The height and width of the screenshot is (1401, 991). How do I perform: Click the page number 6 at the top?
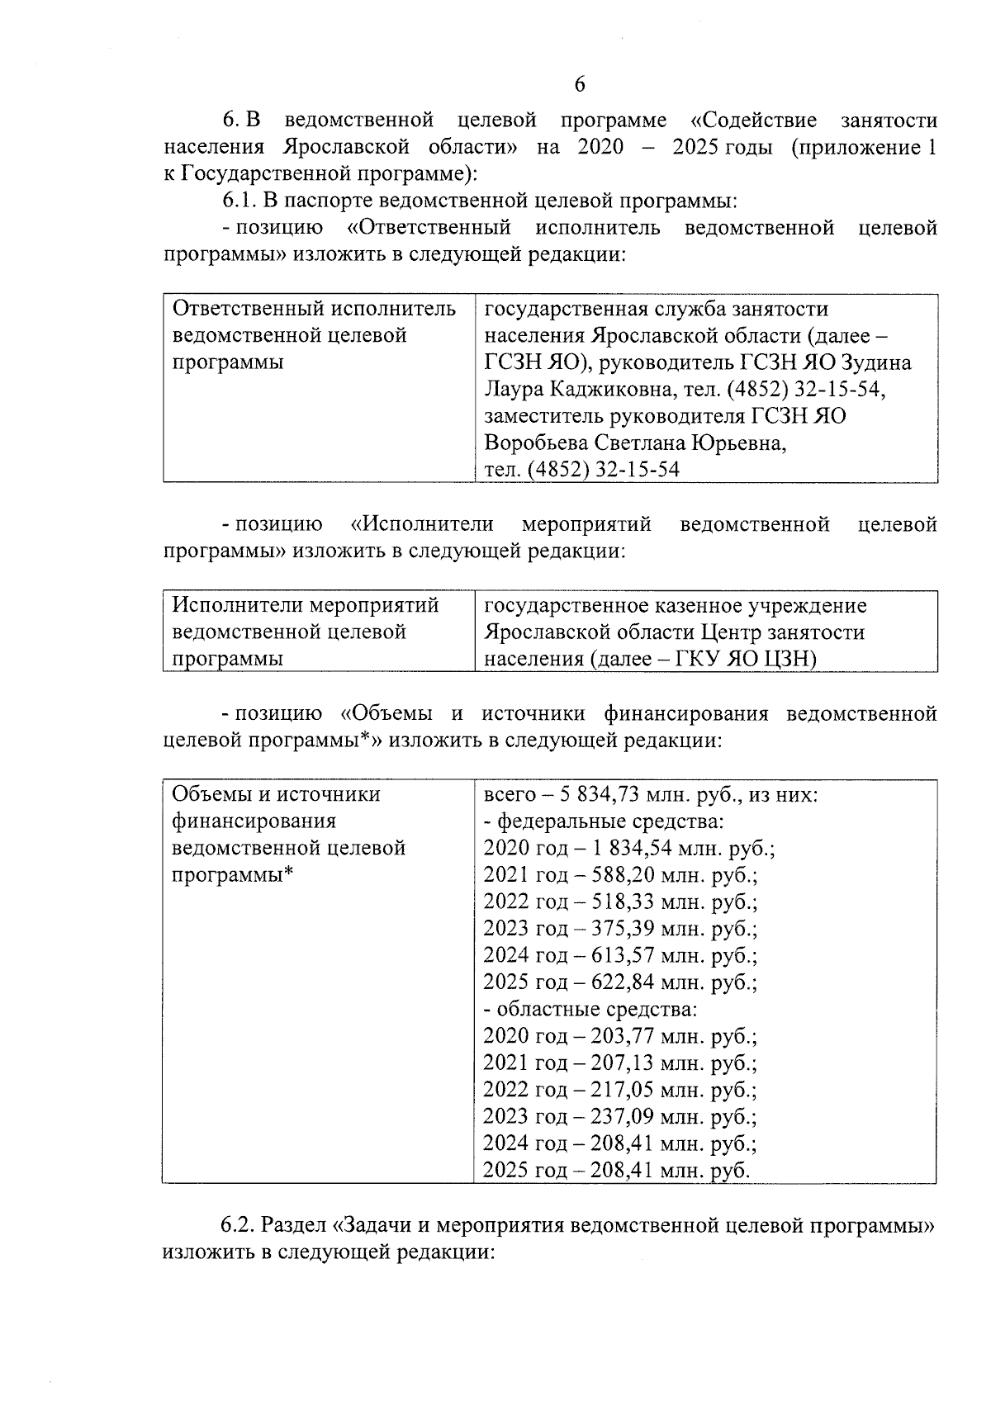click(x=578, y=85)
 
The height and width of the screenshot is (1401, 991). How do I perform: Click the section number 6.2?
click(x=239, y=1225)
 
